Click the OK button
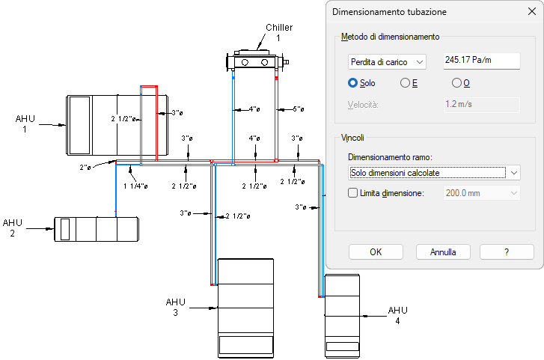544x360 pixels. pyautogui.click(x=376, y=251)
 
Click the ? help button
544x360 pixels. pyautogui.click(x=507, y=251)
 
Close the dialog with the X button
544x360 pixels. pyautogui.click(x=531, y=11)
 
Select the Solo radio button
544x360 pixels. pyautogui.click(x=353, y=83)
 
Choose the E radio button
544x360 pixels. pyautogui.click(x=406, y=83)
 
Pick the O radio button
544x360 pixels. pyautogui.click(x=456, y=83)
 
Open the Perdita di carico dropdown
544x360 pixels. pyautogui.click(x=387, y=61)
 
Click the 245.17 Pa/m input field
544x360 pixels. pyautogui.click(x=481, y=61)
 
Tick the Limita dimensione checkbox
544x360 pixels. pyautogui.click(x=354, y=193)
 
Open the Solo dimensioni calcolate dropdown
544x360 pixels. pyautogui.click(x=434, y=173)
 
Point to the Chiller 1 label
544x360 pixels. pyautogui.click(x=278, y=32)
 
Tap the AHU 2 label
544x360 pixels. pyautogui.click(x=13, y=228)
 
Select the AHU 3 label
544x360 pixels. pyautogui.click(x=175, y=307)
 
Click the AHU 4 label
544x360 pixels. pyautogui.click(x=397, y=315)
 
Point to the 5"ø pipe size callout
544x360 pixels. pyautogui.click(x=298, y=109)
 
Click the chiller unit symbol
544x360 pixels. pyautogui.click(x=257, y=60)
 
